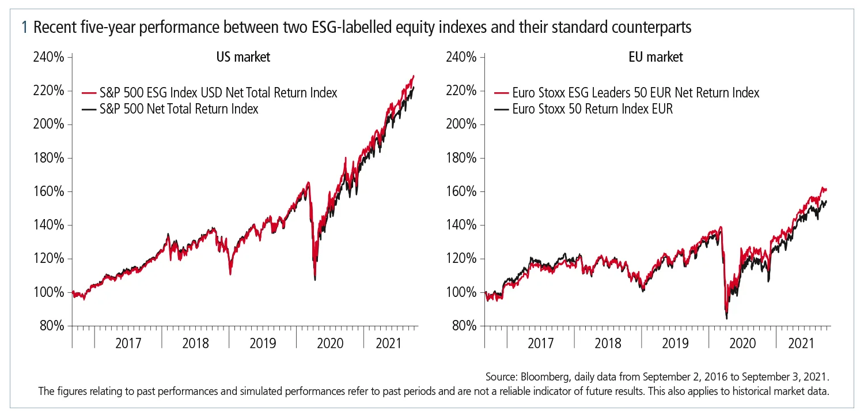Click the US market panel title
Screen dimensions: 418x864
[x=243, y=57]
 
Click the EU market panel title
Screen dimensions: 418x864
[x=655, y=57]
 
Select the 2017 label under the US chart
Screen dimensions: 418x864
[x=128, y=344]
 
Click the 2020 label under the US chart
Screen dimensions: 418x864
[x=330, y=344]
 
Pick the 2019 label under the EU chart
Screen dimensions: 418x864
[x=674, y=344]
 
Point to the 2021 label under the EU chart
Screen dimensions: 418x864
[x=801, y=344]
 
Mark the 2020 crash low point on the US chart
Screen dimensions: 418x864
[x=315, y=280]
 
